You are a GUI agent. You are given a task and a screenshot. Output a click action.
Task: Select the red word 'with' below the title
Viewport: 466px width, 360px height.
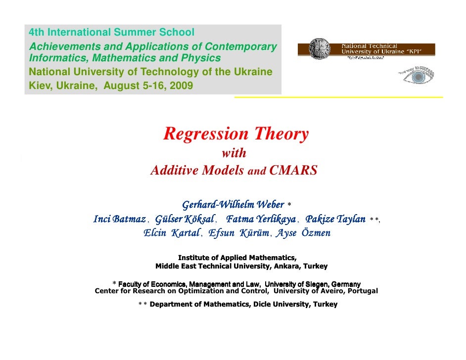[233, 153]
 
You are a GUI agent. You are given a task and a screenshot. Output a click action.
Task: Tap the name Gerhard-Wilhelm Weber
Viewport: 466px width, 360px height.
[233, 205]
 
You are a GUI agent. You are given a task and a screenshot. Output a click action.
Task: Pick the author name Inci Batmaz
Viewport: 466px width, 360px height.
[119, 219]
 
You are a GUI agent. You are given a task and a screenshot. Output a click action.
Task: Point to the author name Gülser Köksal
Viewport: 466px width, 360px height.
[185, 219]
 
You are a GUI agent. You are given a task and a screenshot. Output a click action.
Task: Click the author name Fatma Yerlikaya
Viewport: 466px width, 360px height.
[261, 219]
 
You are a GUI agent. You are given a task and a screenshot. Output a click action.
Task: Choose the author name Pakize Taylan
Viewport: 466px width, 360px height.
[335, 219]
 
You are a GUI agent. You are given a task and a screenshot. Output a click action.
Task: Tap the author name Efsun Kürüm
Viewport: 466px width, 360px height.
[239, 233]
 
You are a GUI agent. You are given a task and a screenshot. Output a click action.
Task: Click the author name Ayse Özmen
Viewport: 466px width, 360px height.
[302, 233]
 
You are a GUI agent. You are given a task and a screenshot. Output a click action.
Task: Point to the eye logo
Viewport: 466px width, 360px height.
[419, 77]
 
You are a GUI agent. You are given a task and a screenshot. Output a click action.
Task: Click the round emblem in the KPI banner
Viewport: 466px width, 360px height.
[318, 49]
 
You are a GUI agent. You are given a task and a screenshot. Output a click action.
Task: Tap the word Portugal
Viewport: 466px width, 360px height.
[362, 291]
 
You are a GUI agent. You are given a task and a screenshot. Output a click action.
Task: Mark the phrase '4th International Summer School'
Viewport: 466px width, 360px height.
[111, 33]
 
